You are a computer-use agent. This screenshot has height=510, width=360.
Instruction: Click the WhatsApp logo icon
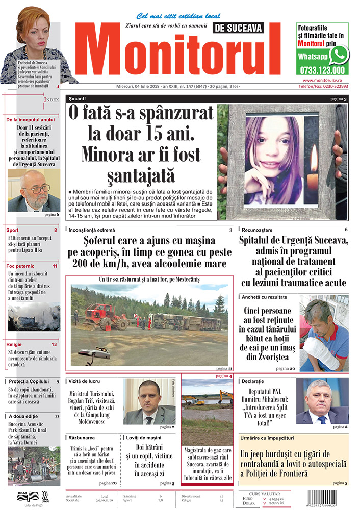tap(339, 55)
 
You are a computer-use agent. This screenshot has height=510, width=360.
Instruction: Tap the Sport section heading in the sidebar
tap(13, 230)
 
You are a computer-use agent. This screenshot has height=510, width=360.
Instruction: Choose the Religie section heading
tap(16, 344)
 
